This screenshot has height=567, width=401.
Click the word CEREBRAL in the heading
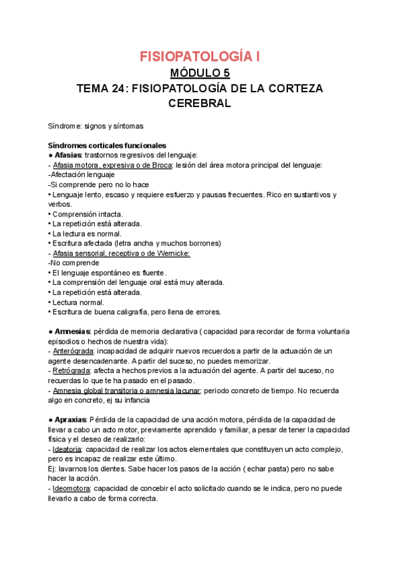(200, 104)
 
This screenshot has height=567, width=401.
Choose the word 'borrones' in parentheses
(203, 243)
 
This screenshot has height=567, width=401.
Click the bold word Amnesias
(74, 332)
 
